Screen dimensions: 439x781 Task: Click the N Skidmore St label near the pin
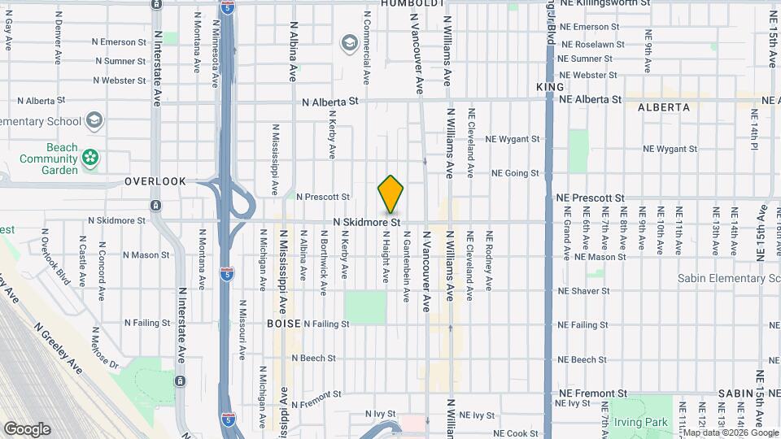367,221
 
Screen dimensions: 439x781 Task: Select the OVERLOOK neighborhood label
155,181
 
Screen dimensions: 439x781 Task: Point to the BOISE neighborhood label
284,323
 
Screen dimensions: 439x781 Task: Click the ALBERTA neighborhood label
664,107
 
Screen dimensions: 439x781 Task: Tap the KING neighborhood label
550,86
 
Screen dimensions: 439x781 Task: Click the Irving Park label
640,422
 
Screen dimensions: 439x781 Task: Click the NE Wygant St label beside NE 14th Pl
670,150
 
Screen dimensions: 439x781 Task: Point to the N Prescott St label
322,197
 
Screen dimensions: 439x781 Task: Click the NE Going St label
515,173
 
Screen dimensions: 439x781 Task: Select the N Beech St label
312,358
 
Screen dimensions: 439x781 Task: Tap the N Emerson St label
119,41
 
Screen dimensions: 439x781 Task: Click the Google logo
26,429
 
